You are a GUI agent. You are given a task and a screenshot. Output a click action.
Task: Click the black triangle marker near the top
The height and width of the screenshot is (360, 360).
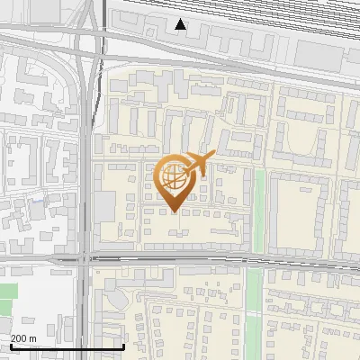tap(182, 24)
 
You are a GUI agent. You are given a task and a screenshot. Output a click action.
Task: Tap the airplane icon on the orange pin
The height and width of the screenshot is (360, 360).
tap(199, 164)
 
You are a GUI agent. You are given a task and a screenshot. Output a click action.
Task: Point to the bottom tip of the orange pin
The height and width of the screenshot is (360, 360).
tap(173, 211)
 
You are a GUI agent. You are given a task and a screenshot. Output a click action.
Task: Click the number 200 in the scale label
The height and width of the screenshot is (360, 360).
tap(20, 338)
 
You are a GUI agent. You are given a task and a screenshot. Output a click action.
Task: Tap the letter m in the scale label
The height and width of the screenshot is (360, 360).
tap(33, 338)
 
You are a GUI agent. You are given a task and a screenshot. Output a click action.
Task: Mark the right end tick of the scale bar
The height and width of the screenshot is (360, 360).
tap(123, 345)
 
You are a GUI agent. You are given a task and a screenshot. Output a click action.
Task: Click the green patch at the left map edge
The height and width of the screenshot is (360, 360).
tap(7, 293)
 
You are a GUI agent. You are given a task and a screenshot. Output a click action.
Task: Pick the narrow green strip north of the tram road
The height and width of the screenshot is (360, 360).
tap(260, 211)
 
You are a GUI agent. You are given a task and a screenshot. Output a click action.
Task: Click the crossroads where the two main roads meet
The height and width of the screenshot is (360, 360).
tap(84, 259)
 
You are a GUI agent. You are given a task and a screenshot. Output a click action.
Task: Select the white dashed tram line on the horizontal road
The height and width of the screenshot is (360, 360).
tap(180, 259)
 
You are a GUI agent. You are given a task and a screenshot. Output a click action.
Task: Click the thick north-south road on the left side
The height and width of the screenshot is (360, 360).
tap(84, 180)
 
